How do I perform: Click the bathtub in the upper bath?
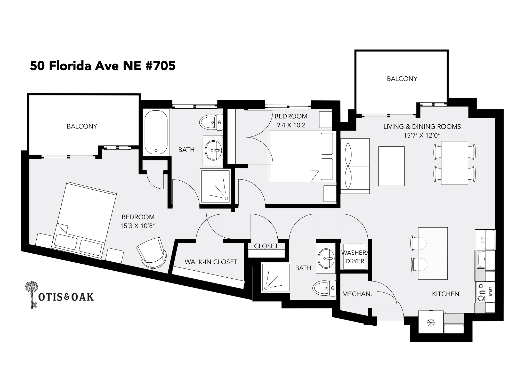pos(156,132)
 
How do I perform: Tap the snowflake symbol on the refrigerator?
pos(431,323)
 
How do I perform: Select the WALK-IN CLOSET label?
pos(211,262)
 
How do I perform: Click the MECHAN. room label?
pos(357,294)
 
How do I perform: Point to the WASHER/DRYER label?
pos(355,257)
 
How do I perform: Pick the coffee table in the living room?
pos(391,166)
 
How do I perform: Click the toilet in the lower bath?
pos(324,288)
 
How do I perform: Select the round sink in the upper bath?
pos(213,150)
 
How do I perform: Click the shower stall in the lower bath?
pos(276,277)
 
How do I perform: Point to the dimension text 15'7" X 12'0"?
pos(422,135)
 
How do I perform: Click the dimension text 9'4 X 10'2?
pos(291,125)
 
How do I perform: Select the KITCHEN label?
pos(446,294)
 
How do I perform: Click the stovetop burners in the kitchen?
pos(480,292)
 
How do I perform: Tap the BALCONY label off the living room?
pos(402,79)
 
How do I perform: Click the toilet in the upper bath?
pos(211,122)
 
